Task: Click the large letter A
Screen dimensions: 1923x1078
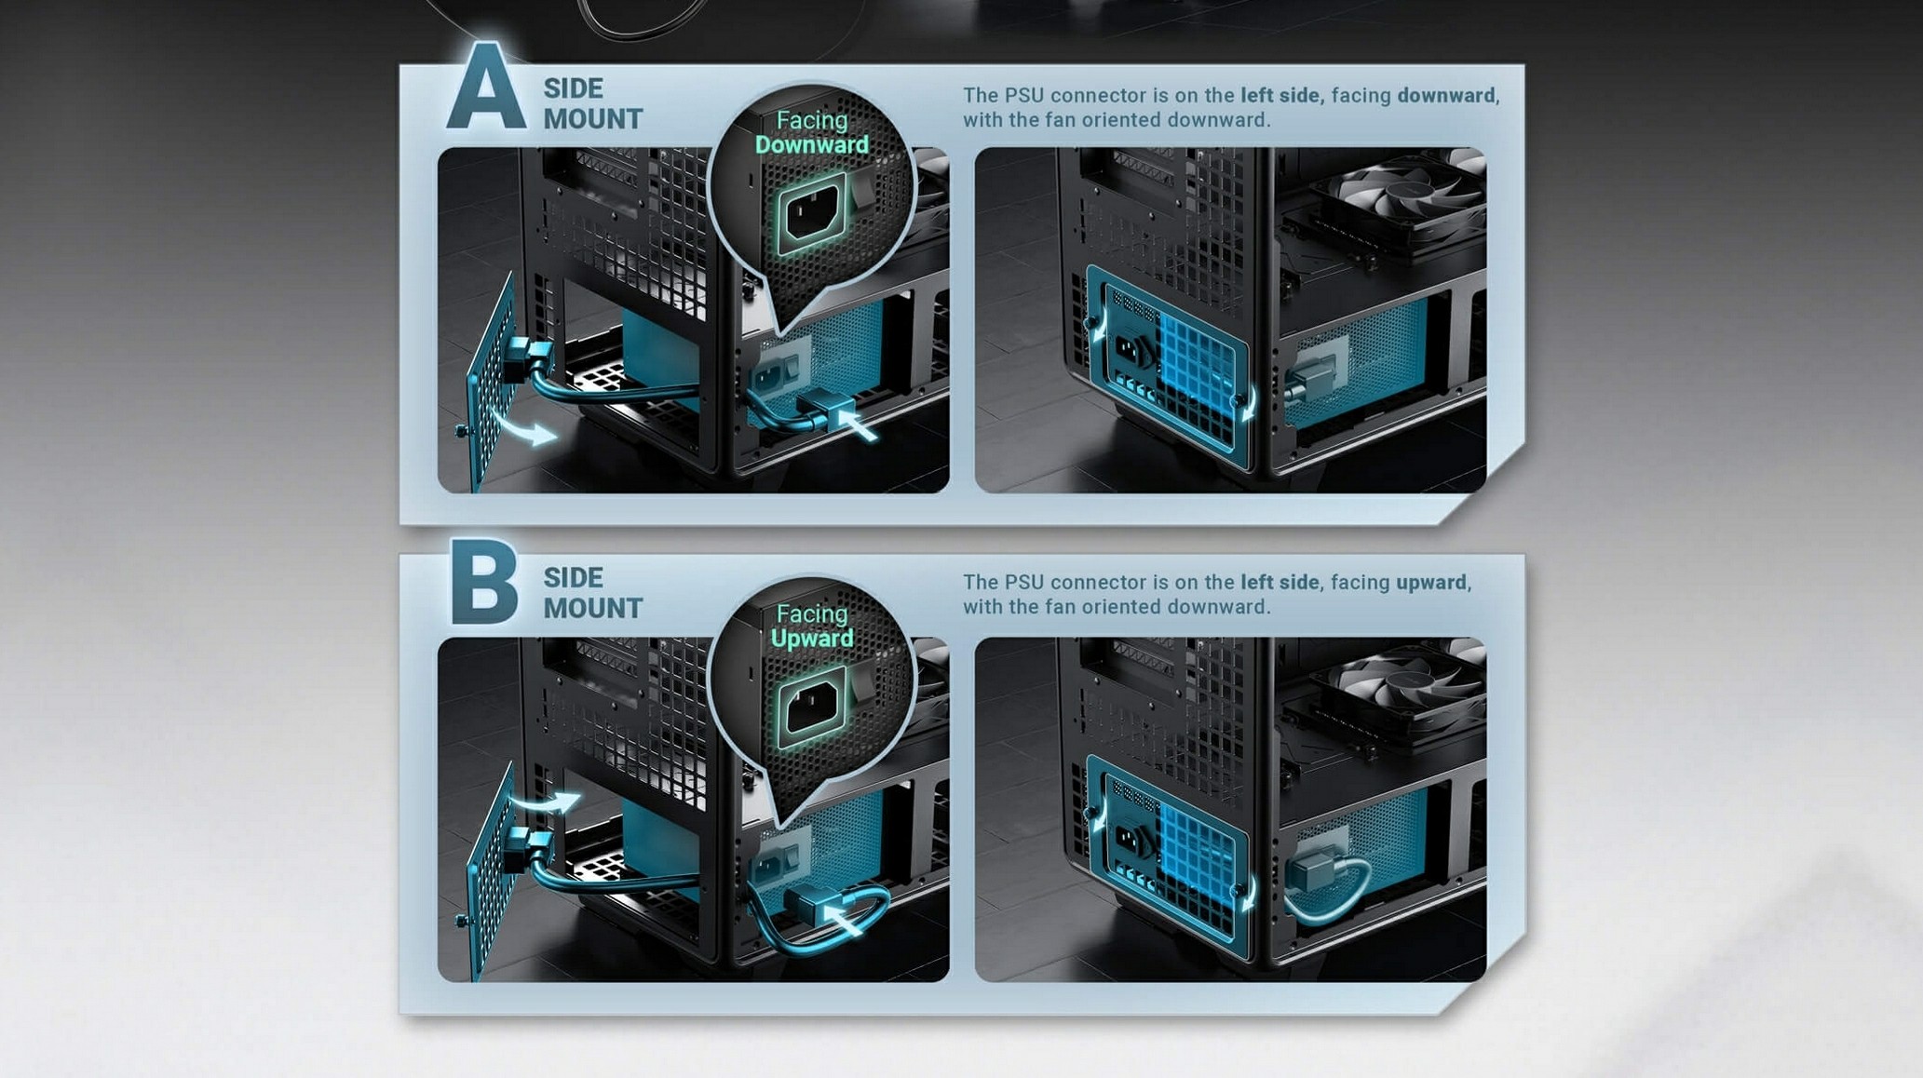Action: click(485, 86)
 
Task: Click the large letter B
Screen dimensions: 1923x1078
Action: click(483, 583)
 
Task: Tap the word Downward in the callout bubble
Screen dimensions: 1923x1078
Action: click(811, 145)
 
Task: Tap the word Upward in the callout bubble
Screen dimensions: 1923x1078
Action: click(811, 639)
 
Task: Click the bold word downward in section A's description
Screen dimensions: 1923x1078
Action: click(1446, 95)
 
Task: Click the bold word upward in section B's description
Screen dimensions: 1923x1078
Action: click(1431, 583)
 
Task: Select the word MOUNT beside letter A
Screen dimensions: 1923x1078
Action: click(593, 119)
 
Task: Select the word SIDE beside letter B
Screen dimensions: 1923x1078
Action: click(573, 577)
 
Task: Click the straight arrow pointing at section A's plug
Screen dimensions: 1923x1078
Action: click(858, 424)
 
